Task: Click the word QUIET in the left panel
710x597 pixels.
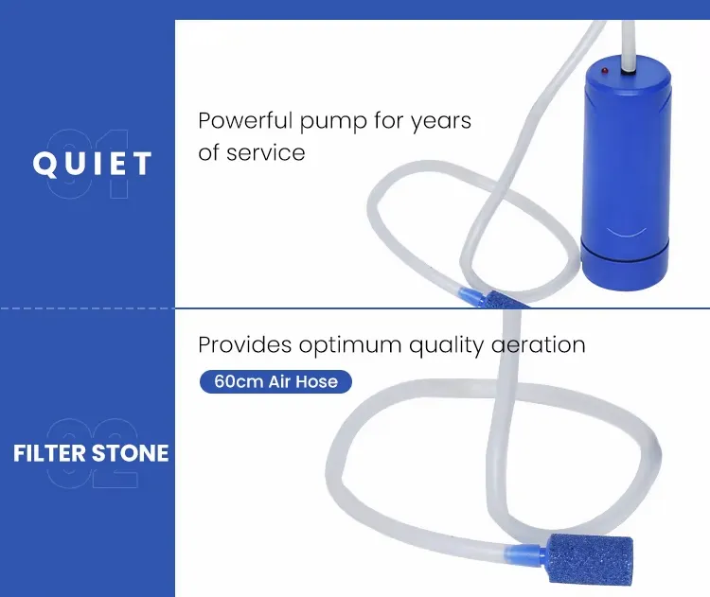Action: point(92,164)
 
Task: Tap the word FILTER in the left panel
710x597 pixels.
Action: point(50,452)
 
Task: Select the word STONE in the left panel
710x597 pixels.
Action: point(131,452)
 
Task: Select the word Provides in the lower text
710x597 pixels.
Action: point(244,345)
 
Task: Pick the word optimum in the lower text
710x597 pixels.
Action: point(349,346)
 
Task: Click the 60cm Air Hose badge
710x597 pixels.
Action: point(275,382)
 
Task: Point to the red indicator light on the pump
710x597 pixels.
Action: point(605,71)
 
